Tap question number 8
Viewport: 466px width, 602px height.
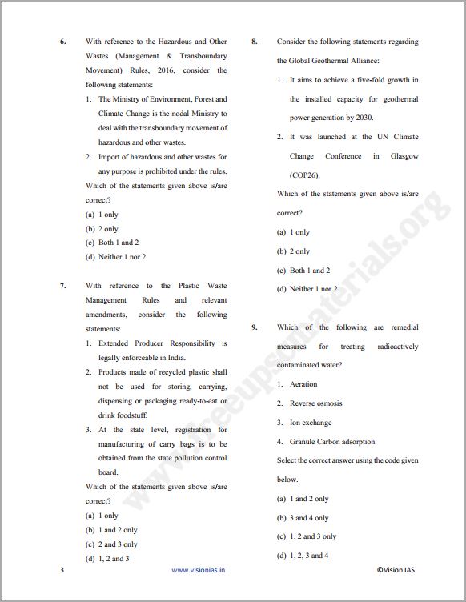[x=254, y=42]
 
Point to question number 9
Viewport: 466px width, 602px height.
[x=254, y=327]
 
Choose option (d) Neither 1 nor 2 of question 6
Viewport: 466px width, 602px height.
[x=115, y=257]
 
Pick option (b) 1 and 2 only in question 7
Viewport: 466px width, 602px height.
[x=111, y=530]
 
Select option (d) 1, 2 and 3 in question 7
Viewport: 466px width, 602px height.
[x=107, y=559]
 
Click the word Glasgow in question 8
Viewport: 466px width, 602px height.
[x=404, y=156]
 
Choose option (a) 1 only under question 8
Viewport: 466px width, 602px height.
[x=293, y=232]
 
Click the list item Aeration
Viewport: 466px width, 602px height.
[x=303, y=384]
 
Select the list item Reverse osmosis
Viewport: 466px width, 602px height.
[x=316, y=403]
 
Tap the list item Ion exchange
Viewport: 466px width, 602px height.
[x=311, y=423]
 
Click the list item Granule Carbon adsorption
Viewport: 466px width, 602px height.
[x=331, y=442]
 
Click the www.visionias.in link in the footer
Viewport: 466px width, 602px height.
[x=199, y=571]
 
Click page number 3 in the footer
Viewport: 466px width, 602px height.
[x=62, y=571]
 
